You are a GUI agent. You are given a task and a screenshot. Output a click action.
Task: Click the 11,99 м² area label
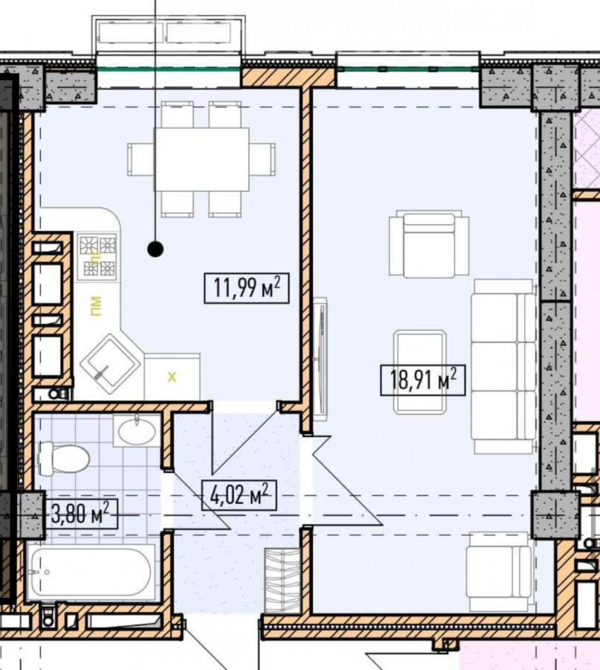click(x=247, y=288)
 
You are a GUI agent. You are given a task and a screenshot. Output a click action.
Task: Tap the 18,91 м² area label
click(x=422, y=380)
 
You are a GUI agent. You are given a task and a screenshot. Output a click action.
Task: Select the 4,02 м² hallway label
click(x=239, y=495)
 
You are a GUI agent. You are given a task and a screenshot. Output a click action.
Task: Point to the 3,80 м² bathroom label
click(x=80, y=514)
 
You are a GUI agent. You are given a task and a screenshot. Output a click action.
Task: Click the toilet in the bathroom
click(x=64, y=458)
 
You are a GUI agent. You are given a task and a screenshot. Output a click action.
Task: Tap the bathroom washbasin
click(x=137, y=431)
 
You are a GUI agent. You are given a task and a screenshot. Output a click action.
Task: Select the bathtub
click(x=91, y=572)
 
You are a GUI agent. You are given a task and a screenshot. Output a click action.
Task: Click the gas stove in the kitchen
click(x=97, y=256)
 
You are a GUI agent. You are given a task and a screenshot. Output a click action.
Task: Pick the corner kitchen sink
click(x=110, y=363)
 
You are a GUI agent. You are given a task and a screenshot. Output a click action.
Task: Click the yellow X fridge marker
click(x=172, y=377)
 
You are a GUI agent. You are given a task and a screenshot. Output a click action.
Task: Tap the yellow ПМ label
click(x=96, y=306)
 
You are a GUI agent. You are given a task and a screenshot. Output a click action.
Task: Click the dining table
click(x=201, y=159)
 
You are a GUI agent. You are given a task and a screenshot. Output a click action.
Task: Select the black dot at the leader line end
click(x=155, y=249)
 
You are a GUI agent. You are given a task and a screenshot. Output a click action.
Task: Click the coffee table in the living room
click(x=420, y=371)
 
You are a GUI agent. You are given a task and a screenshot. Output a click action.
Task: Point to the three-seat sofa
click(x=503, y=366)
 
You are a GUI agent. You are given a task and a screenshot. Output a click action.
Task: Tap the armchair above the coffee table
click(x=429, y=243)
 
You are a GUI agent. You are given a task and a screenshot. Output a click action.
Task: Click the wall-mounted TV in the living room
click(x=320, y=359)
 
